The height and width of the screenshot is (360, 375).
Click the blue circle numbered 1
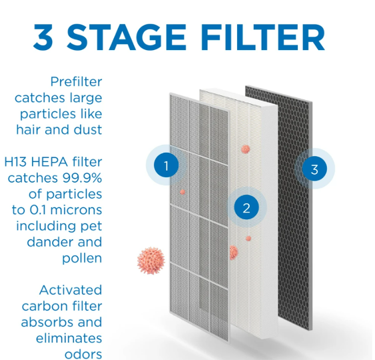click(167, 165)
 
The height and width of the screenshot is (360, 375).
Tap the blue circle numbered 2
click(246, 207)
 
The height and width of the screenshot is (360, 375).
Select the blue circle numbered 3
click(314, 169)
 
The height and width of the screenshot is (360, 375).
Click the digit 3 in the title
click(43, 37)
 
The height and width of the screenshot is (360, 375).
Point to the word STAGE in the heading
click(127, 37)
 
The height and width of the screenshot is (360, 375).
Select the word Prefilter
click(77, 81)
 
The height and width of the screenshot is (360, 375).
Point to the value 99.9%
click(83, 178)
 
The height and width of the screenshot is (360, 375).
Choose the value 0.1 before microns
click(37, 210)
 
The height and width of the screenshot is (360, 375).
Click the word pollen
click(82, 259)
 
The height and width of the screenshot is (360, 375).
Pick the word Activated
click(71, 290)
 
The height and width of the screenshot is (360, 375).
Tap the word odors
click(83, 355)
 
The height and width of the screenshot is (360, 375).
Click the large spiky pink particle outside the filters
click(151, 261)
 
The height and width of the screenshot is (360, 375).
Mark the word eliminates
click(69, 339)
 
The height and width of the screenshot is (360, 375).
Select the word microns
click(76, 210)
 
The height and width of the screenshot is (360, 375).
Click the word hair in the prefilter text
click(29, 130)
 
